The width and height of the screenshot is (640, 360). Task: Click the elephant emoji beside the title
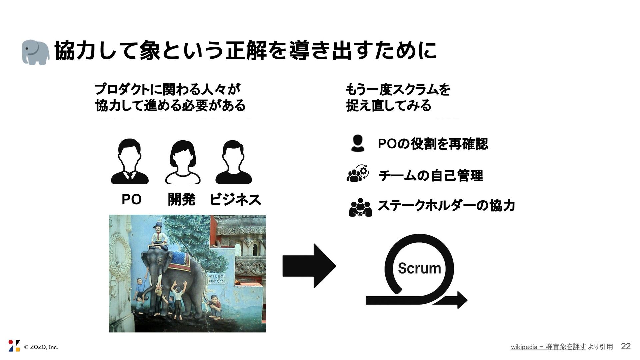(x=35, y=52)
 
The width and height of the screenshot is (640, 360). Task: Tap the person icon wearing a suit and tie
(x=130, y=162)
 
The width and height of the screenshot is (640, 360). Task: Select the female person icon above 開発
(x=183, y=162)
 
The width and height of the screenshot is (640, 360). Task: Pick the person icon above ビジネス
(x=233, y=162)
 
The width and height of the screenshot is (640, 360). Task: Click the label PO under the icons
(x=131, y=199)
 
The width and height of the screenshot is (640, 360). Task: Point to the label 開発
(x=181, y=199)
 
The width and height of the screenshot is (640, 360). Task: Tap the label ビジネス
(x=235, y=199)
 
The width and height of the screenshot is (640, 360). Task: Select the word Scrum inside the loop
(x=419, y=268)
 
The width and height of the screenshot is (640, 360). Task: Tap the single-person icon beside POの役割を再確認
(x=358, y=143)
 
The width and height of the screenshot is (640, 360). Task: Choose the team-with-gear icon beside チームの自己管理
(x=358, y=174)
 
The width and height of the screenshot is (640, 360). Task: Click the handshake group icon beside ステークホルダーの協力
(x=360, y=207)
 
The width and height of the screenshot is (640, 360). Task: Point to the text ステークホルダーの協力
(x=446, y=205)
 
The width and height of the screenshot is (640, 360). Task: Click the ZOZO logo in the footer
(x=14, y=346)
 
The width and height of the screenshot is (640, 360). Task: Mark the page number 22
(x=626, y=346)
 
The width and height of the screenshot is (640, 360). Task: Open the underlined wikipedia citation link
(x=548, y=347)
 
